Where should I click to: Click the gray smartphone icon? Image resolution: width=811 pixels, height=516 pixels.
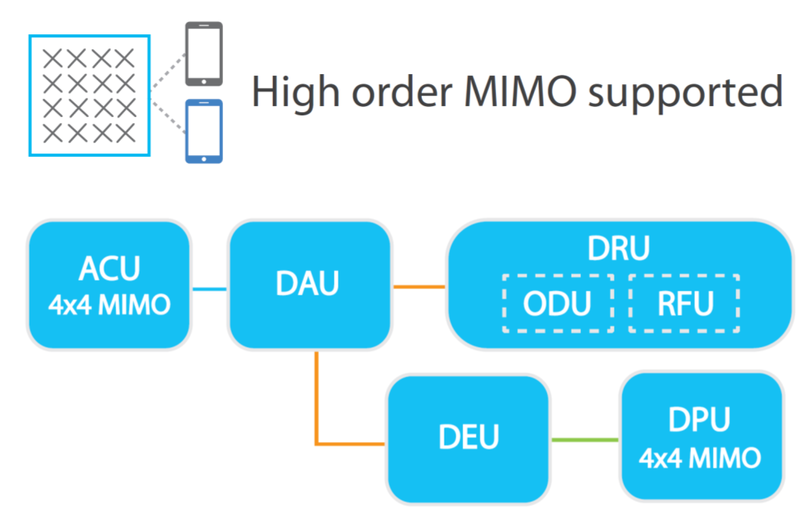204,53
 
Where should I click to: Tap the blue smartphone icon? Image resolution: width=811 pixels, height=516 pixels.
204,131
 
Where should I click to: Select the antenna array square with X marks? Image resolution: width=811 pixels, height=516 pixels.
89,95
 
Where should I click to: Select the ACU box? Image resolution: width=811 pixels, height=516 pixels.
108,285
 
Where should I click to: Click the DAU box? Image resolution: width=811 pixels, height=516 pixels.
308,285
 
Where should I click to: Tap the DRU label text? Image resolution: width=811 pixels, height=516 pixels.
618,249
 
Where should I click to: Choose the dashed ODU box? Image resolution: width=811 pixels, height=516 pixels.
558,302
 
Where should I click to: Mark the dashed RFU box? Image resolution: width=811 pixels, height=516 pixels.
683,302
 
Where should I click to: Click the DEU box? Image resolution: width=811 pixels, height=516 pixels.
469,439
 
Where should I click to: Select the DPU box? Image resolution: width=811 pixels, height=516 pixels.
699,437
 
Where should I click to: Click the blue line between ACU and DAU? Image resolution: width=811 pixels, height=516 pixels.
208,290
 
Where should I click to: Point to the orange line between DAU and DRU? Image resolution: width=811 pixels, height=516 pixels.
418,287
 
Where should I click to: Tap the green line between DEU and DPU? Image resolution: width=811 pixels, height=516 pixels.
585,440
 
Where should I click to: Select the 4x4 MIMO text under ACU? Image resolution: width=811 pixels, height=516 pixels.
108,304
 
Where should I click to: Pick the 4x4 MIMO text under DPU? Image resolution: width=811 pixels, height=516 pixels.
699,458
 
